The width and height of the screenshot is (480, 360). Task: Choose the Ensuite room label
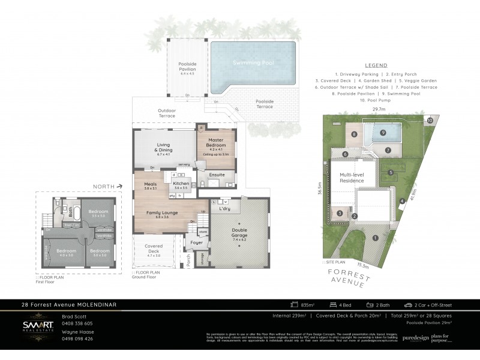coord(217,175)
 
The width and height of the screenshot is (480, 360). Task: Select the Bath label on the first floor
coord(71,211)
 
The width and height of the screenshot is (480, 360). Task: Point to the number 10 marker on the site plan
coord(430,121)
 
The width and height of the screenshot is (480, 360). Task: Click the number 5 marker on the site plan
coord(391,172)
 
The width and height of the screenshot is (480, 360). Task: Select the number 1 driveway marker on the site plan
coord(375,238)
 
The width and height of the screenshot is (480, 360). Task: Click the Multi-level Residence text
coord(352,178)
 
